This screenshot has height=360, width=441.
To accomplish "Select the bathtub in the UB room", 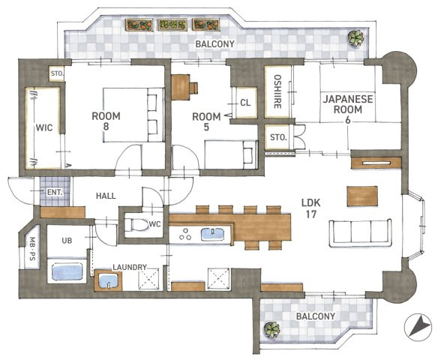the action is click(67, 271).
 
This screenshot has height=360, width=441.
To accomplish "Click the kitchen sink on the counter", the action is click(212, 234).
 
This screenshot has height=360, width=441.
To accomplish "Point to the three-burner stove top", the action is click(185, 234).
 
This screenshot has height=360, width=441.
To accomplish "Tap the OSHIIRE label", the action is click(277, 91).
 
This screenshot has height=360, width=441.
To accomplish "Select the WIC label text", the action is click(44, 127).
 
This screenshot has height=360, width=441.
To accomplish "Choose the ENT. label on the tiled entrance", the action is click(55, 193).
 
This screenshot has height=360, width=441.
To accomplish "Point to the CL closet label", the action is click(245, 103).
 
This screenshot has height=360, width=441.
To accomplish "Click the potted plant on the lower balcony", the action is click(272, 330).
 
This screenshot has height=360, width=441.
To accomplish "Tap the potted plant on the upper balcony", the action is click(356, 38).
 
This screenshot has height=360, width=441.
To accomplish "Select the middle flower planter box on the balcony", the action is click(172, 25).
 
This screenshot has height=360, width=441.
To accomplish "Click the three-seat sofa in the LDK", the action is click(360, 232).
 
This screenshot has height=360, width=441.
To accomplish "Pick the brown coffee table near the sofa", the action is click(362, 196).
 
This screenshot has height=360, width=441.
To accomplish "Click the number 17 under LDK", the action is click(311, 214).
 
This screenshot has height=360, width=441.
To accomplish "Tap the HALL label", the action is click(106, 196).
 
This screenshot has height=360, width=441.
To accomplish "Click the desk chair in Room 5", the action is click(193, 87).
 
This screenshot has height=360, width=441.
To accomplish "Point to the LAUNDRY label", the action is click(130, 267).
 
